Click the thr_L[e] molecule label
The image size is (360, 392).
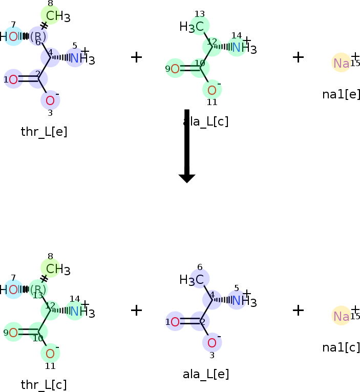pos(44,132)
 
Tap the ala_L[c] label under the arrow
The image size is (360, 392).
pos(206,121)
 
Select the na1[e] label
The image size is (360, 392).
pos(341,94)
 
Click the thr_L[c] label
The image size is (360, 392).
pos(44,385)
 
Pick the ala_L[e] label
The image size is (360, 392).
pos(206,374)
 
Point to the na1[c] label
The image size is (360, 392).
pos(341,347)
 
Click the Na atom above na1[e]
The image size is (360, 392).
pos(341,63)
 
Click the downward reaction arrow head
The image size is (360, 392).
pos(187,178)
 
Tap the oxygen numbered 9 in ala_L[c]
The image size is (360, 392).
pos(175,68)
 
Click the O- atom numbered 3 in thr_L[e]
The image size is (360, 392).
pos(50,99)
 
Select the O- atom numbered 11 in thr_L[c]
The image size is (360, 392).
pos(50,353)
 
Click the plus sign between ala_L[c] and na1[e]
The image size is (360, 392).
pos(298,56)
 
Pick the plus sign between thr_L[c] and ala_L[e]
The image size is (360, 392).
pos(136,310)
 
